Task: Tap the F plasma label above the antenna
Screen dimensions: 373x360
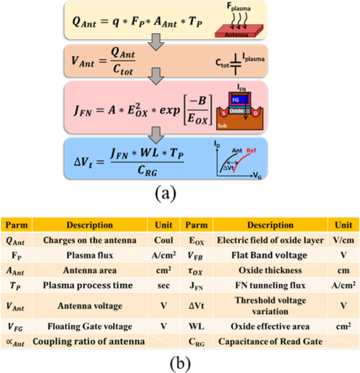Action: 242,7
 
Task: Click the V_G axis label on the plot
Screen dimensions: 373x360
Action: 257,178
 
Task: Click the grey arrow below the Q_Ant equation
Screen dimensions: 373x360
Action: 157,44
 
